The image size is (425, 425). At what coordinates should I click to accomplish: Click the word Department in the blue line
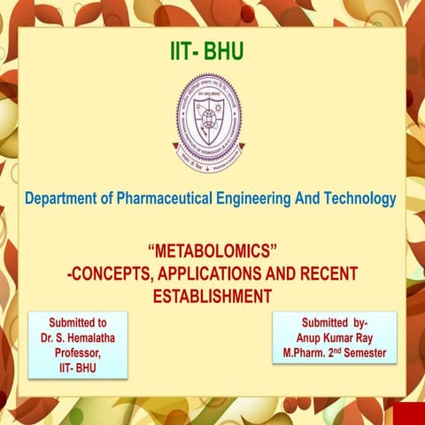(65, 199)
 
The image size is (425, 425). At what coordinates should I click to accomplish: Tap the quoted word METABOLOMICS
(212, 254)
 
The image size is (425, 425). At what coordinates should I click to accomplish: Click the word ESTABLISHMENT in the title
(212, 296)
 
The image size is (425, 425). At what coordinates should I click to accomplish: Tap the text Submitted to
(78, 322)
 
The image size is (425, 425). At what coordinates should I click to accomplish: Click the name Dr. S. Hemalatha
(78, 337)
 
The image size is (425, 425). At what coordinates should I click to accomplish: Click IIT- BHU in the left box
(78, 365)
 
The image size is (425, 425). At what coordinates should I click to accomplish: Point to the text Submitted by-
(335, 322)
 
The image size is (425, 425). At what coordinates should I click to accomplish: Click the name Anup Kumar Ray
(335, 337)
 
